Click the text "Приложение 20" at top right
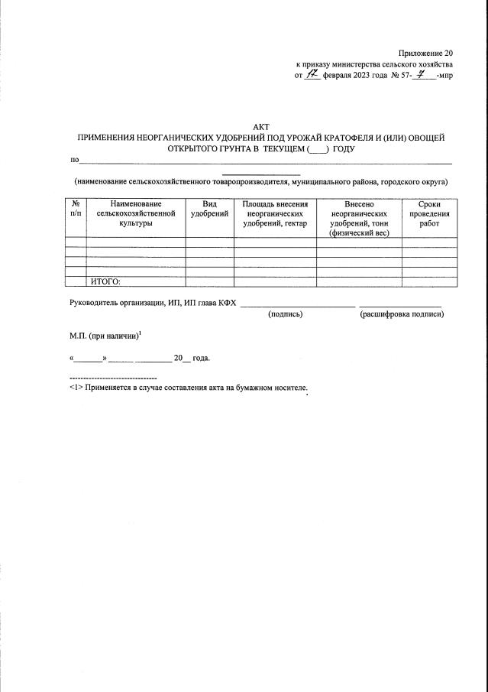pyautogui.click(x=425, y=53)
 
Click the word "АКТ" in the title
pyautogui.click(x=261, y=126)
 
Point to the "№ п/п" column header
pyautogui.click(x=76, y=210)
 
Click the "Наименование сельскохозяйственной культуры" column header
pyautogui.click(x=136, y=214)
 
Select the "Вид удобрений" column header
pyautogui.click(x=209, y=210)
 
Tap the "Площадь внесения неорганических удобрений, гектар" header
pyautogui.click(x=275, y=214)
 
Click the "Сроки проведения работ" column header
pyautogui.click(x=430, y=214)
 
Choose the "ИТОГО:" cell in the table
pyautogui.click(x=106, y=282)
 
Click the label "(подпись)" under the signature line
pyautogui.click(x=285, y=314)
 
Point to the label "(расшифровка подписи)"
pyautogui.click(x=402, y=314)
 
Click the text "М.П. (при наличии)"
pyautogui.click(x=103, y=336)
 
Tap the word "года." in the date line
pyautogui.click(x=201, y=358)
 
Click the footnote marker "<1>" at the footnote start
pyautogui.click(x=76, y=388)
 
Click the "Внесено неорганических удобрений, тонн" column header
pyautogui.click(x=359, y=214)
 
